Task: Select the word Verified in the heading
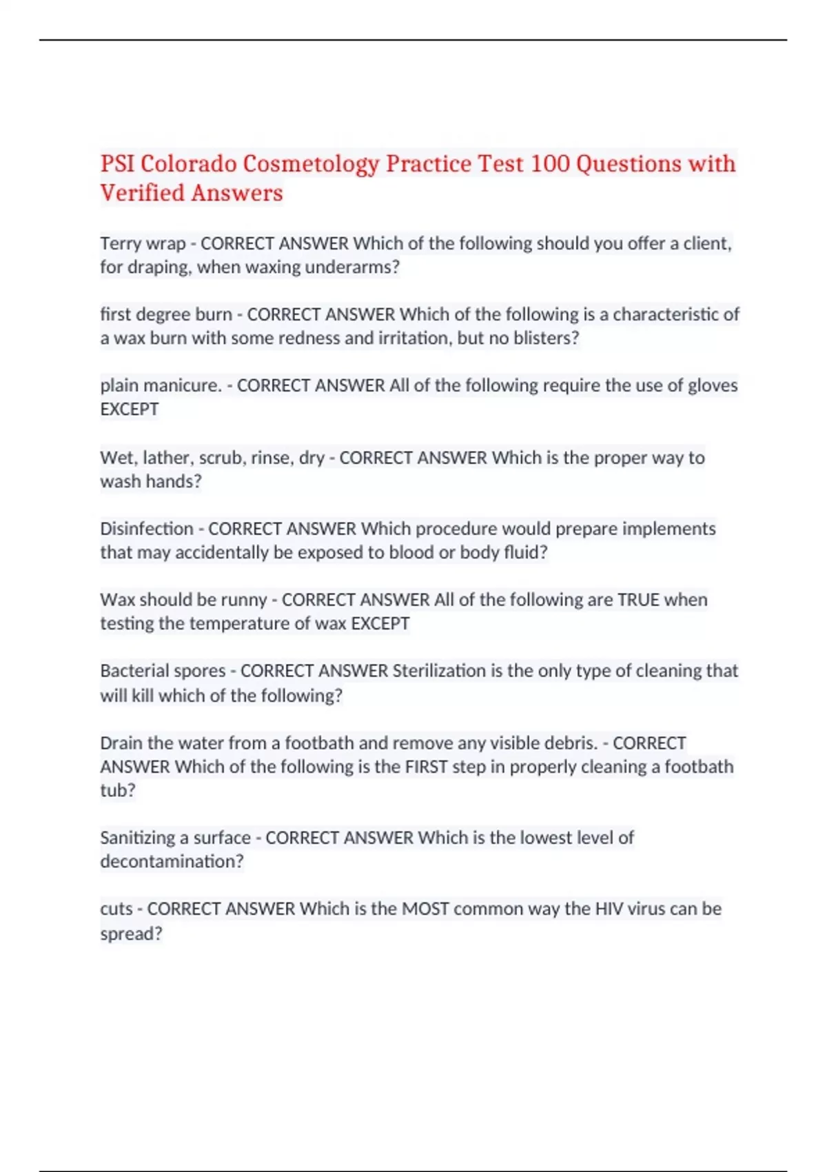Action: [142, 193]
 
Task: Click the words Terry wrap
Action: [143, 243]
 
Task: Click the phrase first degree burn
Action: [165, 314]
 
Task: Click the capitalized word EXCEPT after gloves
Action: [130, 410]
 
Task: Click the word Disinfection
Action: [147, 529]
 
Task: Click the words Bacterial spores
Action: [163, 671]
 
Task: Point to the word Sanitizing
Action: [137, 838]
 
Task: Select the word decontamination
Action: [172, 862]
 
